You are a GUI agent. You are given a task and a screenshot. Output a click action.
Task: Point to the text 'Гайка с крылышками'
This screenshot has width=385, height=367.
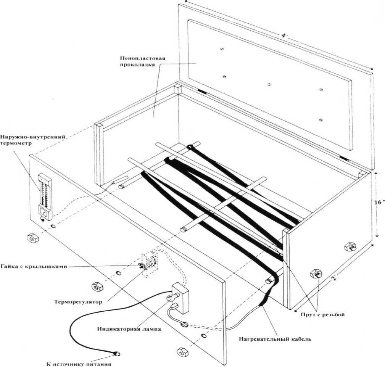[34, 266]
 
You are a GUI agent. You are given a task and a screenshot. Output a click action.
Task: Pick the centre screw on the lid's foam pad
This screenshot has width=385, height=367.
[269, 84]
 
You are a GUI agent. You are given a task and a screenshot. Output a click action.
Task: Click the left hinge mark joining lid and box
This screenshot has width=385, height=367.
[202, 92]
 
